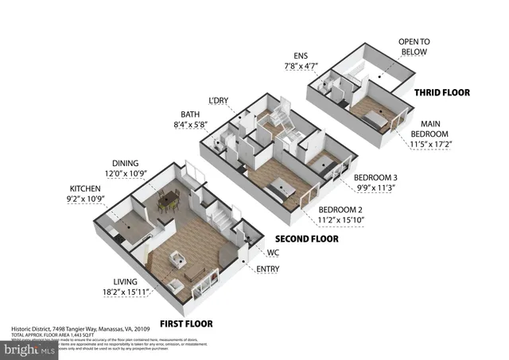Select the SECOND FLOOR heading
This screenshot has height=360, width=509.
306,238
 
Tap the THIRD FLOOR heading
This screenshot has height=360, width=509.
441,92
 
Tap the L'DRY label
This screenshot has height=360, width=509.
218,101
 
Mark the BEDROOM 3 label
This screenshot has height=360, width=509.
375,176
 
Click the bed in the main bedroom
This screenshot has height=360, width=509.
372,118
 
